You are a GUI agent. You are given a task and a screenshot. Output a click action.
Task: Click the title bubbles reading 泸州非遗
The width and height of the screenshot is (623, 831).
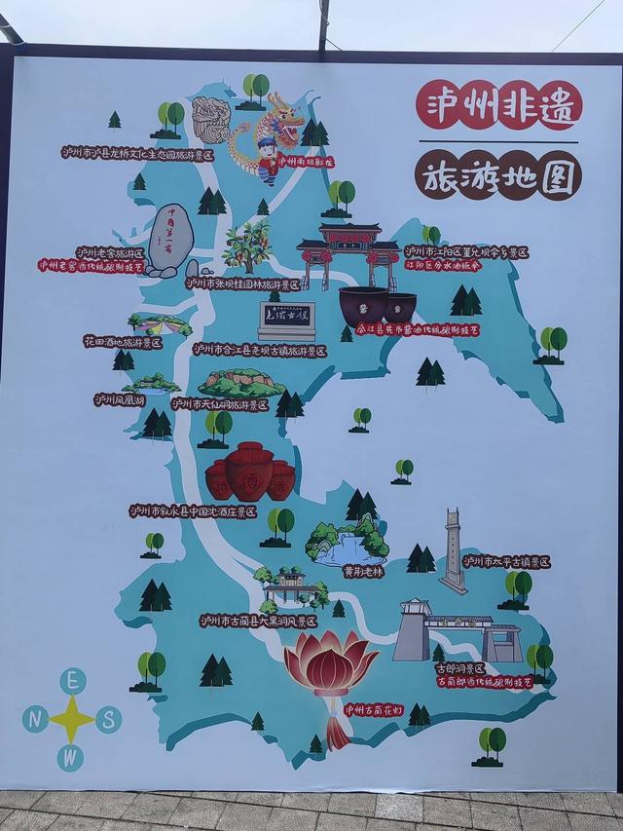coord(498,105)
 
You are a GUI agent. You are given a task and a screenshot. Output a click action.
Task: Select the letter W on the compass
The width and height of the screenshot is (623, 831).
coord(70,756)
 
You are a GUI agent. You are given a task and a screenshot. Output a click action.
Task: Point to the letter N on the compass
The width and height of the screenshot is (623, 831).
coord(36,719)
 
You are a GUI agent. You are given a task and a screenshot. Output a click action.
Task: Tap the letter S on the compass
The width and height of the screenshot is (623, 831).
coord(108,719)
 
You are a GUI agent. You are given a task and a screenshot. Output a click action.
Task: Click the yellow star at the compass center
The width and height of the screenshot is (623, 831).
coord(72,719)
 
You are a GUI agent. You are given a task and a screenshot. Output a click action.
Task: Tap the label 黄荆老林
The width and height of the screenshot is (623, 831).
coord(349,573)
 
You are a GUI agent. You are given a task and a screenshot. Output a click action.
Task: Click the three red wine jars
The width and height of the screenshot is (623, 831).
coord(250,472)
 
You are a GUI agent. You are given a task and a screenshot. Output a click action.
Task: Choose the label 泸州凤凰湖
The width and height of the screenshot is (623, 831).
coord(119,399)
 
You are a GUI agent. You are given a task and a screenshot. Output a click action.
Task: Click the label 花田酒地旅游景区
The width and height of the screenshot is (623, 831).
coord(123,342)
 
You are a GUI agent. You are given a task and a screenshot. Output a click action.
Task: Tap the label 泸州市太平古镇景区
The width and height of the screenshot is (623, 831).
coord(506,562)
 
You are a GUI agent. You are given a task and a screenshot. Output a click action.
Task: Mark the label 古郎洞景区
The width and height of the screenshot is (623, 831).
coord(460,668)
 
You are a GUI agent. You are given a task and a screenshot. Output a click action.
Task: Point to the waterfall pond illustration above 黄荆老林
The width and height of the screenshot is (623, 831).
coord(348,542)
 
